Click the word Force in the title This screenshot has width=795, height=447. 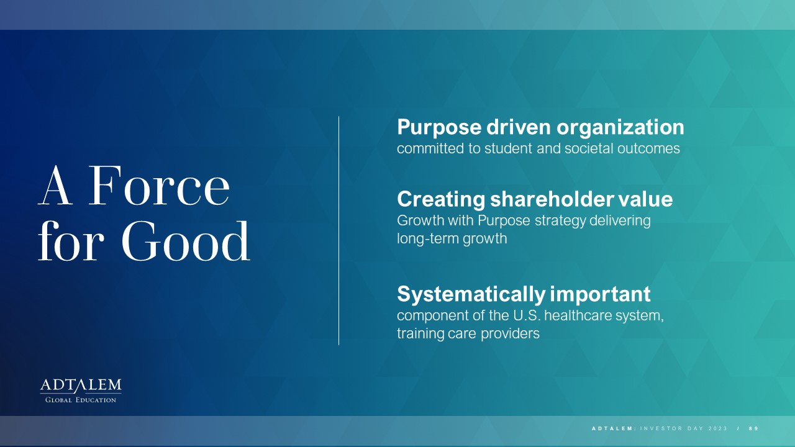(159, 186)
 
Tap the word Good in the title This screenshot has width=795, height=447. (186, 241)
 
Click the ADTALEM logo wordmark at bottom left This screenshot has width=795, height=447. (81, 386)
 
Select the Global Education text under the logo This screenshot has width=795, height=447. (81, 400)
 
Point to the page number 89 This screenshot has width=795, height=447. (754, 428)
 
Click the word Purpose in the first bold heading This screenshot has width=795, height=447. (439, 127)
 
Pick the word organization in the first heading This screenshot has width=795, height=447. (620, 127)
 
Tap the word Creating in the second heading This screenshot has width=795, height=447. (441, 199)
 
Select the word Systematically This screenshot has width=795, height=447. (471, 294)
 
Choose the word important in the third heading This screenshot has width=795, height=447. (601, 294)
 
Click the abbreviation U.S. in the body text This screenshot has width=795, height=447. (527, 315)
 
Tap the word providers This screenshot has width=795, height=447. (510, 334)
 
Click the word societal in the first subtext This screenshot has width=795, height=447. (589, 148)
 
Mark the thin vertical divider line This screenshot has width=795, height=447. (338, 230)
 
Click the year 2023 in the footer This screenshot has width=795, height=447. (718, 428)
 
